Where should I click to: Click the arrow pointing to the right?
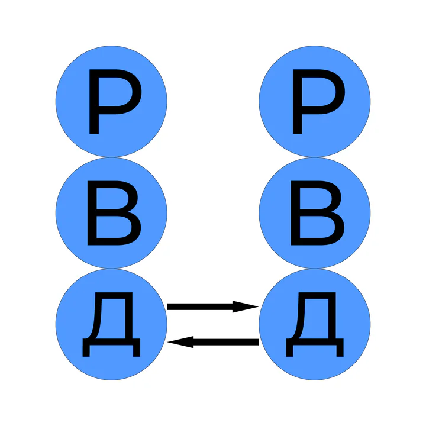coord(213,306)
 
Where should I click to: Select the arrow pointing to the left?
coord(213,342)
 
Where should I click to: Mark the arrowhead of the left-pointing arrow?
coord(180,342)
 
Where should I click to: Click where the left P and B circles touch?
coord(111,157)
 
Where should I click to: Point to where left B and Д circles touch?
coord(111,269)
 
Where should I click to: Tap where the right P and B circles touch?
coord(315,157)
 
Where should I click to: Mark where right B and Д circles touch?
coord(315,269)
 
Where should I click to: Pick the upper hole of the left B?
coord(111,198)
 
